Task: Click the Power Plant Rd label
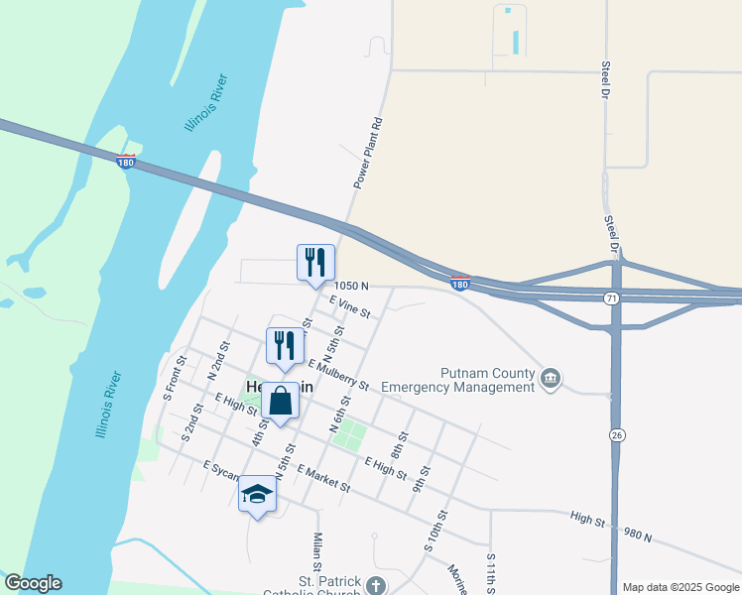tap(368, 155)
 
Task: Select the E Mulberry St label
tap(338, 376)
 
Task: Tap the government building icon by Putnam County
tap(551, 378)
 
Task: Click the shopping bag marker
tap(281, 402)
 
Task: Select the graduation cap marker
tap(257, 494)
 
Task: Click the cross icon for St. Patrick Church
tap(375, 586)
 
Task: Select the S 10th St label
tap(435, 531)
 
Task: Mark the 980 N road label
tap(637, 536)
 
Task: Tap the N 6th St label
tap(341, 414)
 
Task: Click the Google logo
tap(33, 584)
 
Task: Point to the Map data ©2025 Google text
tap(680, 587)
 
